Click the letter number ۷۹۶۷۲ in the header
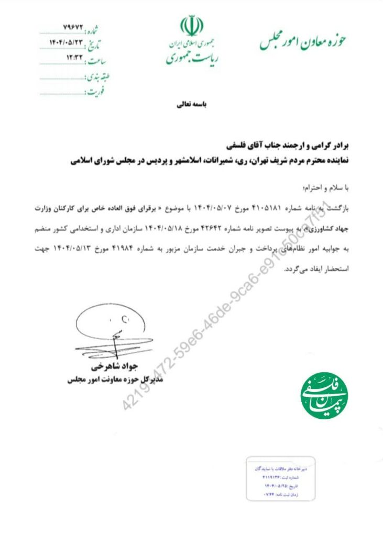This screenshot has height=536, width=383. pyautogui.click(x=69, y=26)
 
